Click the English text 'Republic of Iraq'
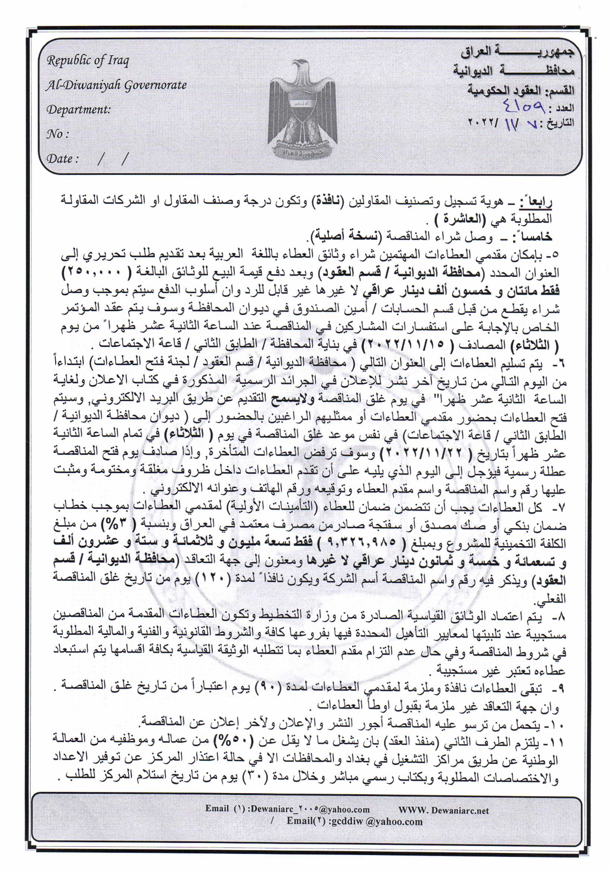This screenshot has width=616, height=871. pos(88,61)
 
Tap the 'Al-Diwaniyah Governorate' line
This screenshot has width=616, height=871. pos(116,85)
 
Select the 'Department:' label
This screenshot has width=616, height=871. pos(78,110)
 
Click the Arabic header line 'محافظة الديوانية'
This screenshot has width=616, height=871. pos(514,70)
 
